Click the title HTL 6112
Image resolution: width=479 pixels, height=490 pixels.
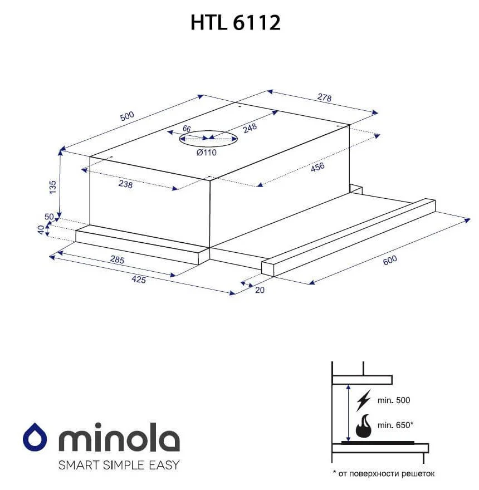(236, 22)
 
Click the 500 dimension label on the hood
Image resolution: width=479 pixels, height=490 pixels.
(127, 116)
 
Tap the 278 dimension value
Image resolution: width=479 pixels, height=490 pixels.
(324, 97)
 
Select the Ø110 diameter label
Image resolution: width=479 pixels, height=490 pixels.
(206, 153)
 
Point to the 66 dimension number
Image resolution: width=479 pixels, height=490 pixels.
(187, 129)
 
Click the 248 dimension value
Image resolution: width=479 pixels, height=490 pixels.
(250, 128)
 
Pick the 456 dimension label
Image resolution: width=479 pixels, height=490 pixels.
(317, 167)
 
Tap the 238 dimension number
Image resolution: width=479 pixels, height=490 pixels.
(125, 184)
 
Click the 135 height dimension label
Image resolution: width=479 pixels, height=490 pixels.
(53, 187)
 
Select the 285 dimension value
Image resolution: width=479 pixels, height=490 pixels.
(118, 259)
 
